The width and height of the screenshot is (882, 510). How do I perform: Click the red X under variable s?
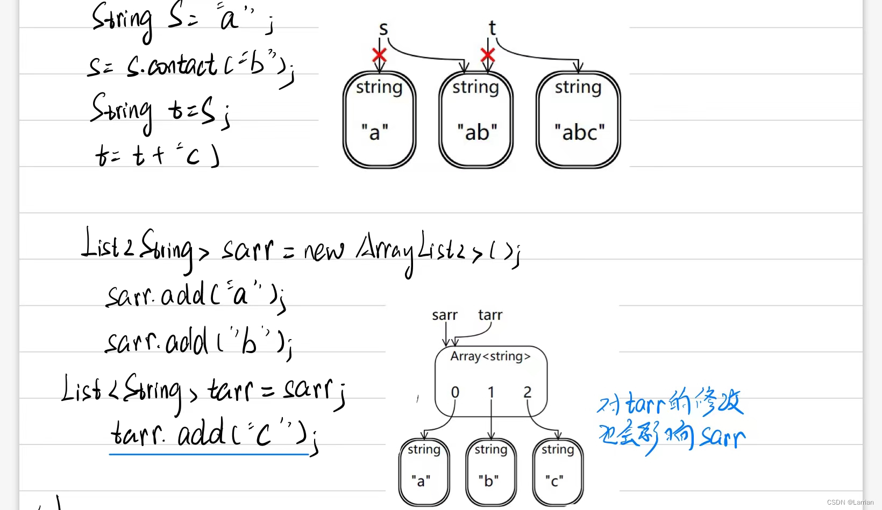pyautogui.click(x=379, y=54)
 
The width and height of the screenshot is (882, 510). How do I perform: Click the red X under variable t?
pyautogui.click(x=488, y=54)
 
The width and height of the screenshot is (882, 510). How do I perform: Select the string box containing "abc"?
pyautogui.click(x=579, y=120)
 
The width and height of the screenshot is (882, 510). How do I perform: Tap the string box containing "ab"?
pyautogui.click(x=476, y=120)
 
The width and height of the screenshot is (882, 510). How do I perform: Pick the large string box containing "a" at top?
pyautogui.click(x=379, y=120)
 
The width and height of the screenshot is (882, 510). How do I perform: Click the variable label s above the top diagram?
pyautogui.click(x=383, y=28)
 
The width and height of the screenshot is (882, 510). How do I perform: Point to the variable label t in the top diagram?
pyautogui.click(x=492, y=28)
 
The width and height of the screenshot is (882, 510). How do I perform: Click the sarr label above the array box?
pyautogui.click(x=445, y=315)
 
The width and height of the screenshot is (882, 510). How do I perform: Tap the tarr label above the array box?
pyautogui.click(x=490, y=315)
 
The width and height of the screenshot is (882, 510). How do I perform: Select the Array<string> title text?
pyautogui.click(x=490, y=356)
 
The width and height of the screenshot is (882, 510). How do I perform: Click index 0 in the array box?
pyautogui.click(x=455, y=392)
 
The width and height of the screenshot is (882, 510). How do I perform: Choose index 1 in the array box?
pyautogui.click(x=491, y=392)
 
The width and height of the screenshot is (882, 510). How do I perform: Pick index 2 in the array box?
pyautogui.click(x=528, y=392)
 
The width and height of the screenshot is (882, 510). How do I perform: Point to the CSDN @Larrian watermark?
pyautogui.click(x=850, y=502)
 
